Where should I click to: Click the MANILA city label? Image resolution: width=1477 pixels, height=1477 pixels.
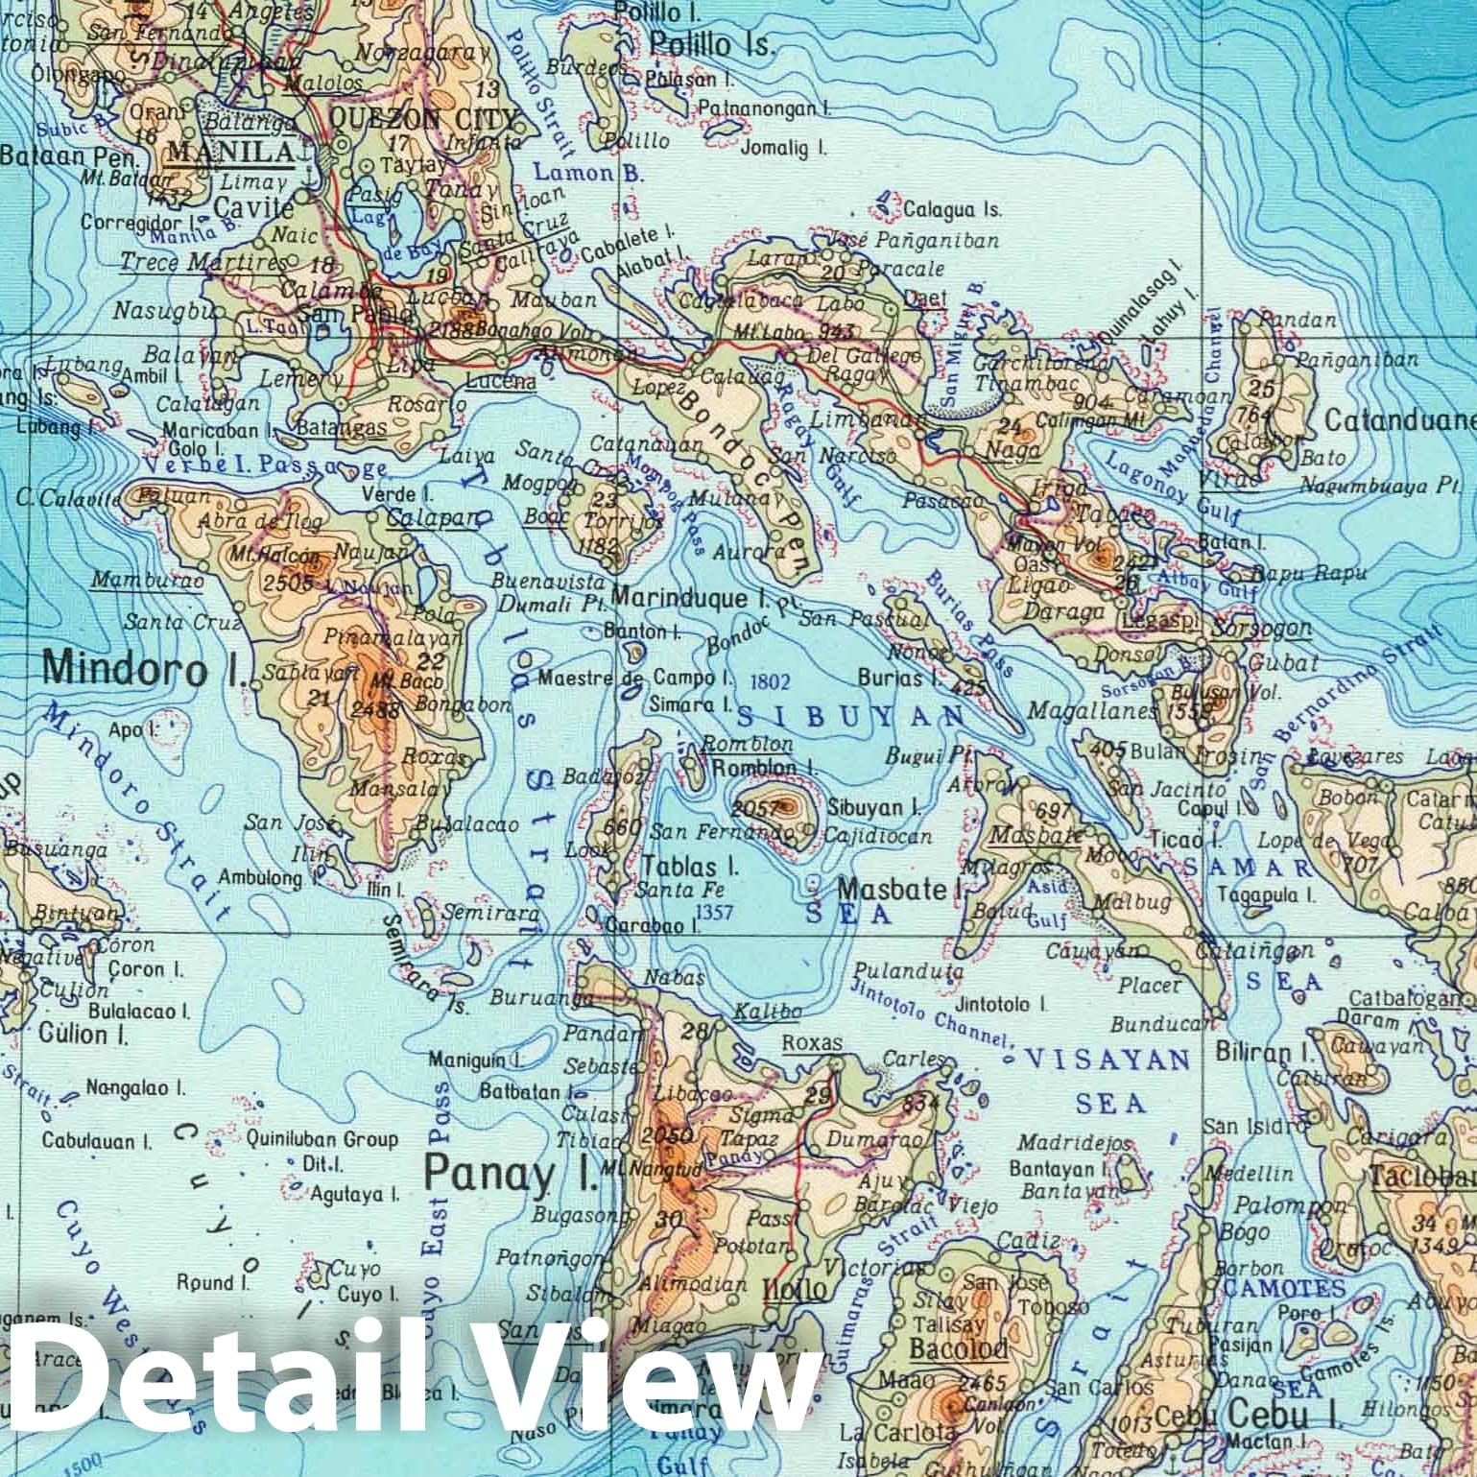230,152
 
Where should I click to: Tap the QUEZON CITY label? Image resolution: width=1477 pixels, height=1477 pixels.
422,118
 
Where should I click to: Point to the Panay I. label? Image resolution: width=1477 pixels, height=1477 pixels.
510,1172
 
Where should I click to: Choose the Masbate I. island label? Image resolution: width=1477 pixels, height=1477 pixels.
900,889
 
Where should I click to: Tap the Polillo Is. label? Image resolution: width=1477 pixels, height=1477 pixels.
710,44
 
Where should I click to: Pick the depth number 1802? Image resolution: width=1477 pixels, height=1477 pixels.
771,681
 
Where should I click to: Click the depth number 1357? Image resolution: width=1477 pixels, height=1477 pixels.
714,911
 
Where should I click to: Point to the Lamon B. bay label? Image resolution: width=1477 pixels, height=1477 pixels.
574,174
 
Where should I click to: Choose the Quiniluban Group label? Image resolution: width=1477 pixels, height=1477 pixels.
322,1139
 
